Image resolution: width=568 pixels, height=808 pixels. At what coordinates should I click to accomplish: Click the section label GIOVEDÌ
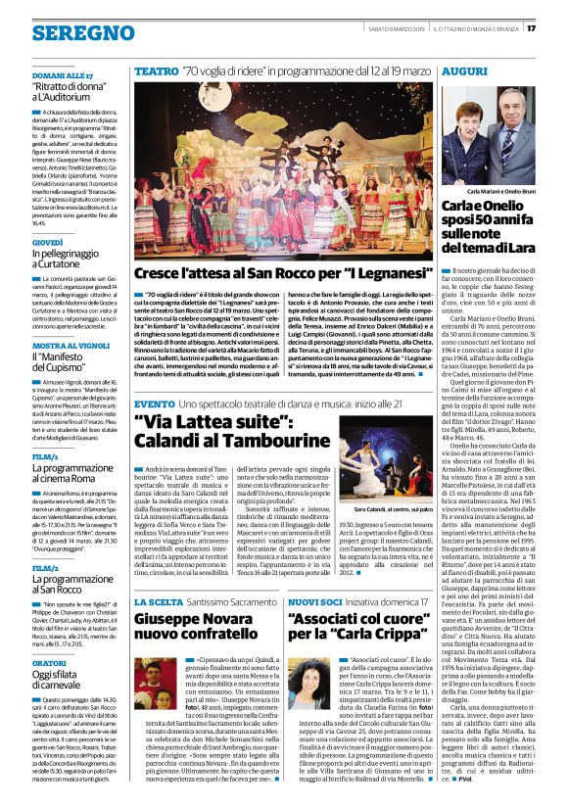47,241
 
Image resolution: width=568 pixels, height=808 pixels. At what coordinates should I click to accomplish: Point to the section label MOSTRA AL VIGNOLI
70,345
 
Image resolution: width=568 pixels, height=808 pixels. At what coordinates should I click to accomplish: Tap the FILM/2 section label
45,567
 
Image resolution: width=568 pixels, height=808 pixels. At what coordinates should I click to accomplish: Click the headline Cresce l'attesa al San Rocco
283,271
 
